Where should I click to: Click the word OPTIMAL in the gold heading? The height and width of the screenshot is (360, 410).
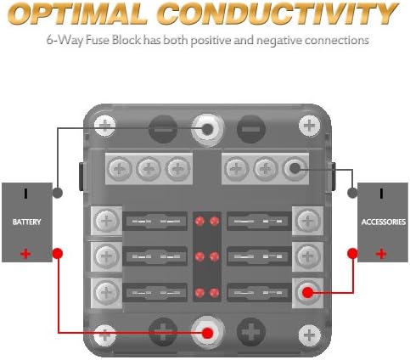pos(77,14)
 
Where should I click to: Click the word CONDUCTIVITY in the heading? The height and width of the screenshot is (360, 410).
pos(277,14)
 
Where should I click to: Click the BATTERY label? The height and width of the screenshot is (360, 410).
pos(26,222)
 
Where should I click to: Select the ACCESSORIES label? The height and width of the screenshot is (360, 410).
pos(384,222)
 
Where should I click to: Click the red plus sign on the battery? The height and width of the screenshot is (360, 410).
pos(25,254)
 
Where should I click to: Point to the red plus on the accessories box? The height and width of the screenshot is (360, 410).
pos(381,254)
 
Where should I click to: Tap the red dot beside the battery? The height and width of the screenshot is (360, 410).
pos(58,253)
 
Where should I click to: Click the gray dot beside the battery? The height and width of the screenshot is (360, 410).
pos(58,193)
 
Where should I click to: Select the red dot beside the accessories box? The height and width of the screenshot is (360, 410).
pos(352,253)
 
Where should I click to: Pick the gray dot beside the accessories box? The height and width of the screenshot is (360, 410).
pos(352,193)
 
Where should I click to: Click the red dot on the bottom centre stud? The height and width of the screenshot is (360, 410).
pos(208,333)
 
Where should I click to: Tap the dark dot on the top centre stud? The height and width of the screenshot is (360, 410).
pos(207,129)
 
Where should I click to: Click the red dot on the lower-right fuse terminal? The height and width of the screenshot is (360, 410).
pos(308,292)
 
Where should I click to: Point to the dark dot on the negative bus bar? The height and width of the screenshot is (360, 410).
pos(295,169)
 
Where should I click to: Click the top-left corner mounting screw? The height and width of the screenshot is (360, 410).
pos(105,126)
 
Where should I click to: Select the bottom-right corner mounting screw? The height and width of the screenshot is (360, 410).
pos(310,335)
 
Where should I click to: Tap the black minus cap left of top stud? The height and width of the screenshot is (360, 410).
pos(163,129)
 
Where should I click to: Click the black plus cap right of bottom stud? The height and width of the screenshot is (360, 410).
pos(251,332)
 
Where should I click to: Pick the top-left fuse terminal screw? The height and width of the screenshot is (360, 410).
pos(107,221)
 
